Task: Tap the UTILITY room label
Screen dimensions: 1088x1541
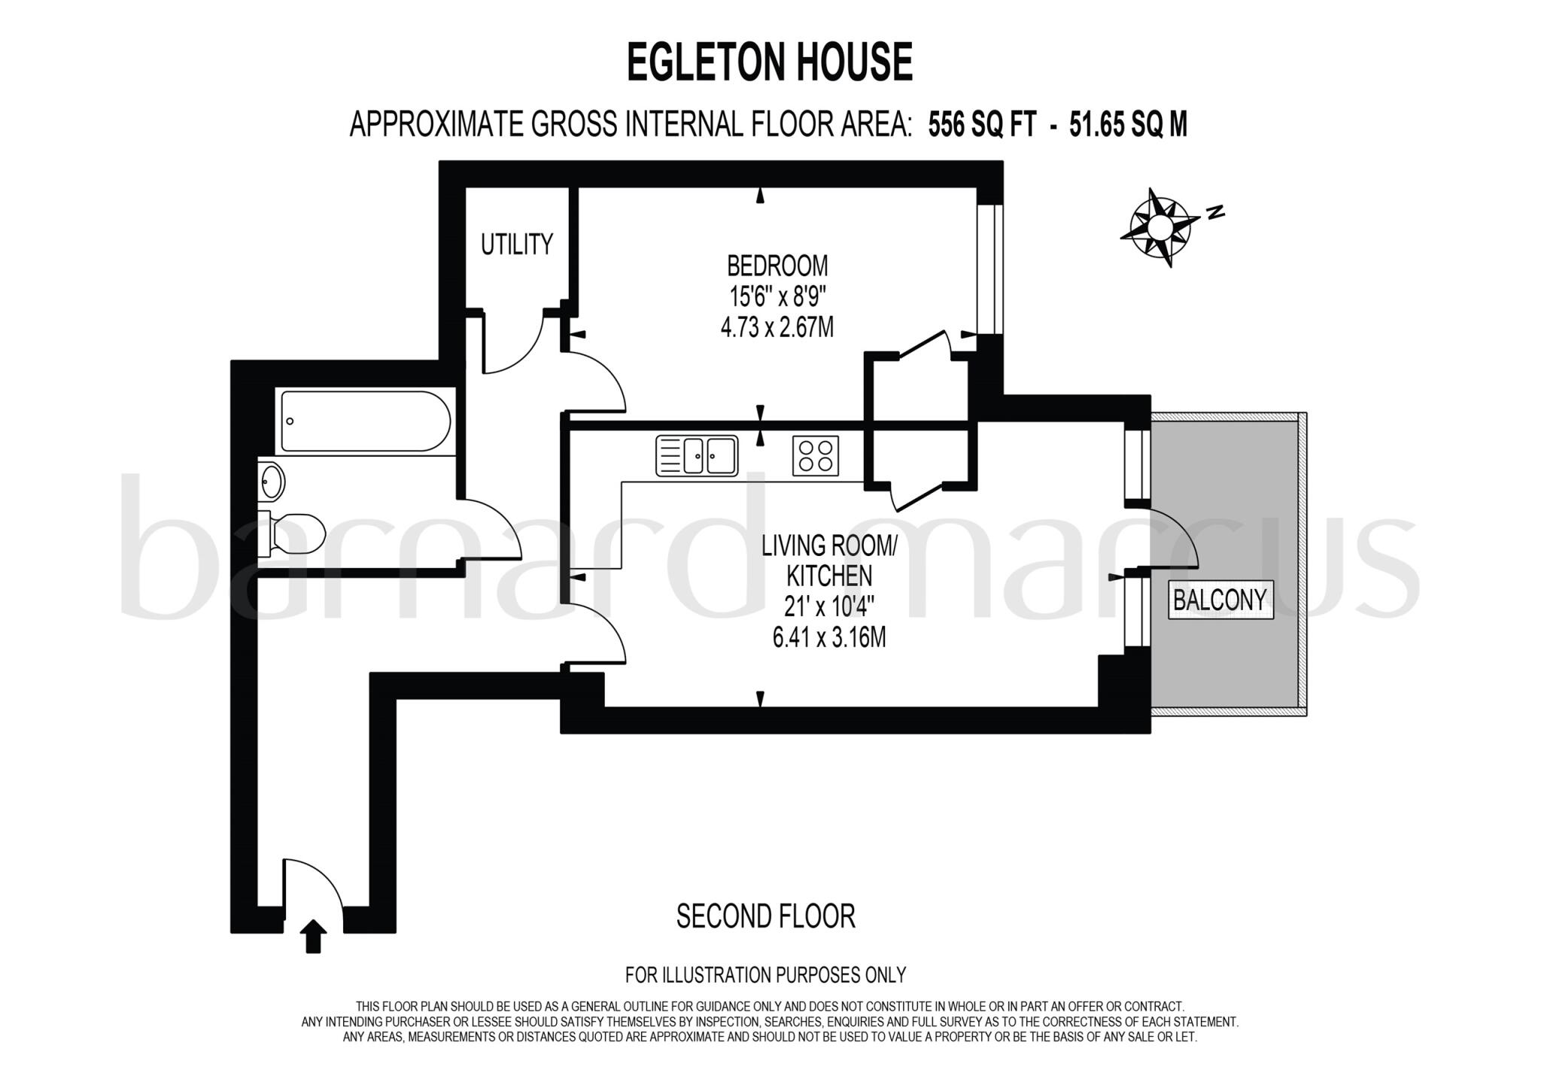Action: click(x=516, y=244)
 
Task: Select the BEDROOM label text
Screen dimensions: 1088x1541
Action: click(x=777, y=266)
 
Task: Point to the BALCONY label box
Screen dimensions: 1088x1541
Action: click(x=1220, y=600)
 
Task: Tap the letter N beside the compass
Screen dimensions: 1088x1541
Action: click(x=1214, y=212)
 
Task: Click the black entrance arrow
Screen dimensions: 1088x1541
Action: click(x=313, y=936)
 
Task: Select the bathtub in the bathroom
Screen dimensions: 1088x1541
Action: click(x=366, y=421)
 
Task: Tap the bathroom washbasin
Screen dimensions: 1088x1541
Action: click(x=272, y=481)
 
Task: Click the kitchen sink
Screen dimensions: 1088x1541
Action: click(x=697, y=456)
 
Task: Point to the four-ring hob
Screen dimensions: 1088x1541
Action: click(x=815, y=456)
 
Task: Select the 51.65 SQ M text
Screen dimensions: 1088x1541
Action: click(x=1128, y=124)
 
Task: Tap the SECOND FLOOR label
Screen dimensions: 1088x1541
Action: click(x=765, y=916)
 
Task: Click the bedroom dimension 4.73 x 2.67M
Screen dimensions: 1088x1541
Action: click(x=777, y=328)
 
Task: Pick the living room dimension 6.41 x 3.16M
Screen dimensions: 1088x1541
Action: click(x=828, y=637)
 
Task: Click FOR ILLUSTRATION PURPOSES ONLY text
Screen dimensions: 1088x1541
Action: click(x=765, y=975)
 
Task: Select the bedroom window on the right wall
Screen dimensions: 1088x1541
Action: click(x=989, y=269)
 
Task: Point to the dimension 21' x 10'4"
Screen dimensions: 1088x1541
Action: click(x=828, y=606)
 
